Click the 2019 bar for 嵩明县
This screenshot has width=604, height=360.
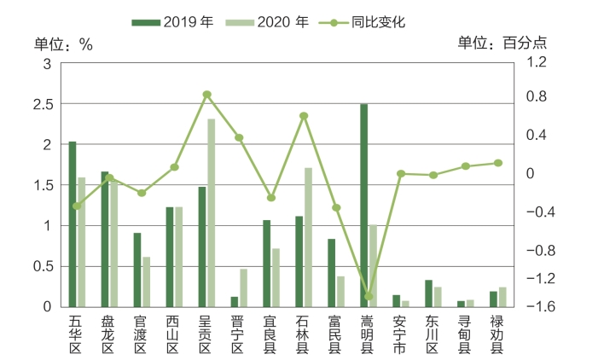pyautogui.click(x=364, y=205)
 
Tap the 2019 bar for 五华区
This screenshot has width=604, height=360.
pyautogui.click(x=73, y=224)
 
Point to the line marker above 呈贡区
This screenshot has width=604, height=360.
pyautogui.click(x=206, y=95)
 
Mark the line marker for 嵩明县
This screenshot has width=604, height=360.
pyautogui.click(x=369, y=297)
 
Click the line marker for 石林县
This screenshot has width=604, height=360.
pyautogui.click(x=304, y=116)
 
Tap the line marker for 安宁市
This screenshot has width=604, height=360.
pyautogui.click(x=401, y=174)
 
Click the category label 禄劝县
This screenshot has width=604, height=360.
pyautogui.click(x=497, y=334)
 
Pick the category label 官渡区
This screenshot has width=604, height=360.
pyautogui.click(x=141, y=334)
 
